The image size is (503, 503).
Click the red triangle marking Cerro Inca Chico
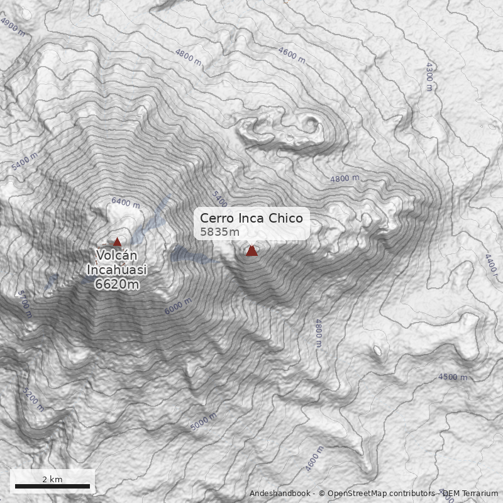tap(251, 250)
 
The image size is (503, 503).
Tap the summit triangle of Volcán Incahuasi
tap(117, 241)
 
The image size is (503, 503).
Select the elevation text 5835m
tap(219, 232)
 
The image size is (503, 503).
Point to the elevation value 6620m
tap(117, 285)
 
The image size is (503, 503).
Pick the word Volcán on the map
tap(117, 255)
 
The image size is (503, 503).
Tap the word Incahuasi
tap(117, 270)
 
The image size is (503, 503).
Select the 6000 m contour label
tap(178, 307)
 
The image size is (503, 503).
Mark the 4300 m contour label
tap(429, 76)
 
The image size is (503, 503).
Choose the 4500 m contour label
tap(453, 377)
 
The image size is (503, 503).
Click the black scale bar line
tap(52, 486)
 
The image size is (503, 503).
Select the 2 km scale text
tap(52, 479)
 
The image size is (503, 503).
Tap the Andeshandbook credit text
tap(280, 494)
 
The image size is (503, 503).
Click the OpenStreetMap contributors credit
tap(377, 494)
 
